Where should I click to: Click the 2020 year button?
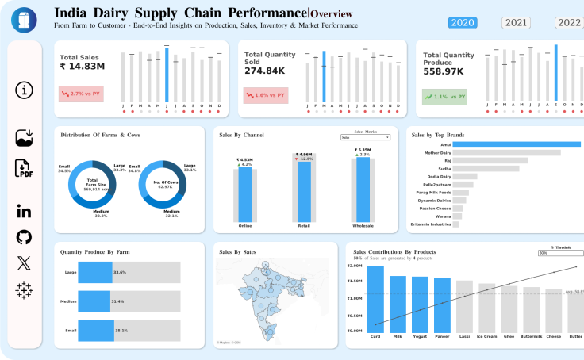tap(463, 22)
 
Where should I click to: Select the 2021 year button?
tap(517, 22)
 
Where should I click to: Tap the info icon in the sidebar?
tap(25, 90)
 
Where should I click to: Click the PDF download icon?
tap(25, 168)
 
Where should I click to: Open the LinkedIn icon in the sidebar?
tap(24, 210)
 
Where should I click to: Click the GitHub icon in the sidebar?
tap(24, 237)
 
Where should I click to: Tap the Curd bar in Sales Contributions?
tap(376, 298)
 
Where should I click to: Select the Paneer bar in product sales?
tap(442, 304)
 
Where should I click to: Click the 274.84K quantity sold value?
tap(265, 71)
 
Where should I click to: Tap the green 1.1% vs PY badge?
tap(444, 97)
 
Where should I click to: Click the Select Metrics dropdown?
tap(365, 137)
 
